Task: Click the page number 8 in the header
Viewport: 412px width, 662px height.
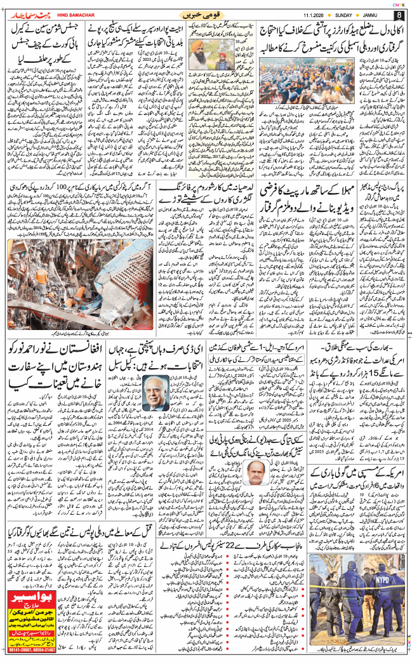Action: tap(399, 14)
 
